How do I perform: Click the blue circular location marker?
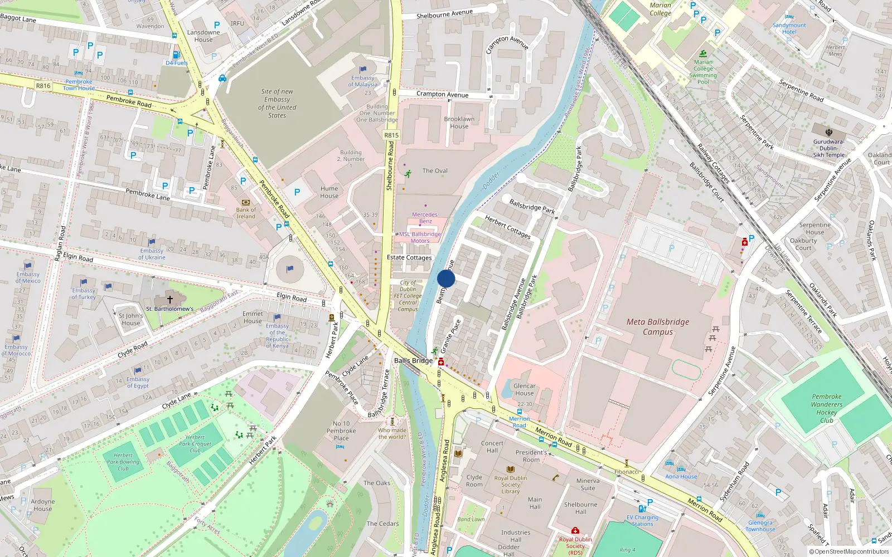coord(446,278)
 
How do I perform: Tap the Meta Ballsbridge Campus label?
coord(658,327)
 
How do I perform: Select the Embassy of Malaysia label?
coord(363,81)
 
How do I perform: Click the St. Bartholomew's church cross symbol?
coord(170,299)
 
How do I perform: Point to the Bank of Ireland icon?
coord(246,202)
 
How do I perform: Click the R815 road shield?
coord(391,135)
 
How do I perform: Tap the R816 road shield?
coord(43,86)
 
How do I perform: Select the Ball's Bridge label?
coord(413,360)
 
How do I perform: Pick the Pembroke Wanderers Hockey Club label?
coord(826,408)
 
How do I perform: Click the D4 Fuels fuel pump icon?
coord(176,55)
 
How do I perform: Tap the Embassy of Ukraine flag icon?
coord(152,242)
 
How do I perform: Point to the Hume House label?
coord(329,192)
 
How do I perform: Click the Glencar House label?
coord(524,389)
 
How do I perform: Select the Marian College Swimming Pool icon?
coord(703,54)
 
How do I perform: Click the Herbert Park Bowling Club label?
coord(123,462)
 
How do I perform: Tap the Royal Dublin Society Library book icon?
coord(510,469)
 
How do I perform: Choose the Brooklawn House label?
coord(459,123)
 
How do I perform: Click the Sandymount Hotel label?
coord(789,28)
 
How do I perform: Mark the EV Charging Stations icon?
coord(642,509)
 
